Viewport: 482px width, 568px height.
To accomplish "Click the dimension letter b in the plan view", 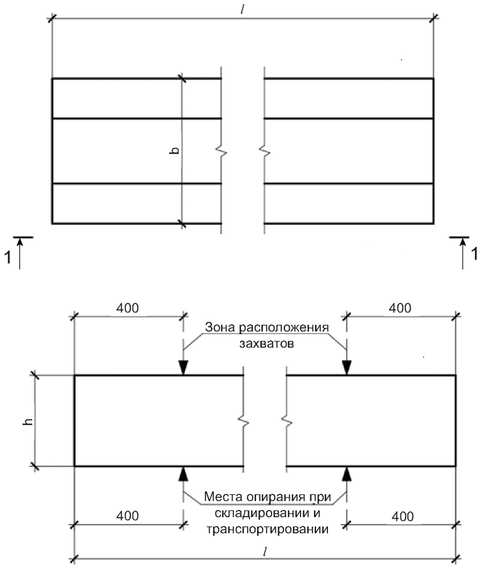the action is click(x=174, y=151).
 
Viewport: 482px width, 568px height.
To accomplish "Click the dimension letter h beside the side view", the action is click(x=27, y=421).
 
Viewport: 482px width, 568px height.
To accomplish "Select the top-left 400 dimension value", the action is click(x=127, y=308).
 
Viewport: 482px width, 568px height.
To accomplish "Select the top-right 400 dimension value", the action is click(x=400, y=308).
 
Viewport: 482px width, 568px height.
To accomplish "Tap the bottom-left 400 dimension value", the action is click(x=127, y=515).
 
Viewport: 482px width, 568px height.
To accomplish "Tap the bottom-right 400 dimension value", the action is click(x=403, y=516).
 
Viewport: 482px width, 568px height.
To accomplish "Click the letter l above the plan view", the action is click(x=242, y=10).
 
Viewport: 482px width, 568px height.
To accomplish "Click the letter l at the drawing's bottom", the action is click(x=265, y=552).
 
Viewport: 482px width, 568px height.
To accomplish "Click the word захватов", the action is click(x=267, y=343).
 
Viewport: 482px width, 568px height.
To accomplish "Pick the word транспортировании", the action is click(x=268, y=529).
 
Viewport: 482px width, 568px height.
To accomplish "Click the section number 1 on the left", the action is click(x=8, y=257).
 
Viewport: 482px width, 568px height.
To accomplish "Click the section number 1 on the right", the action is click(x=474, y=253).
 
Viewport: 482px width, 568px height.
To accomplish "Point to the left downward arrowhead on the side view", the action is click(x=184, y=368).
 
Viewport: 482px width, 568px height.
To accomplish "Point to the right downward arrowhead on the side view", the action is click(x=347, y=368).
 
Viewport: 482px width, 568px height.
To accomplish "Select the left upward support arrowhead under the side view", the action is click(x=184, y=474).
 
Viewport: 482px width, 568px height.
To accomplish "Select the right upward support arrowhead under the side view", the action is click(x=347, y=474).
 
